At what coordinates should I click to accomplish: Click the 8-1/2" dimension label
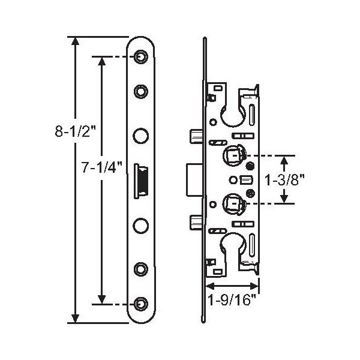(x=75, y=131)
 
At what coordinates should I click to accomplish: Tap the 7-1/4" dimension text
(x=102, y=167)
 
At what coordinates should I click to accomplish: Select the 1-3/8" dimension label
(x=284, y=179)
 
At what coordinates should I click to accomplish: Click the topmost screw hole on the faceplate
(x=141, y=56)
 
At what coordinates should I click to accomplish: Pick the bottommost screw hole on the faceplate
(x=141, y=304)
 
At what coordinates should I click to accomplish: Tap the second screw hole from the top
(x=141, y=91)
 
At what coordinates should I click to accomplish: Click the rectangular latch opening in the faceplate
(x=141, y=181)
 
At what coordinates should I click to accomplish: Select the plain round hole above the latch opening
(x=141, y=136)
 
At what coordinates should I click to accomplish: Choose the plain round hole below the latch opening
(x=141, y=226)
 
